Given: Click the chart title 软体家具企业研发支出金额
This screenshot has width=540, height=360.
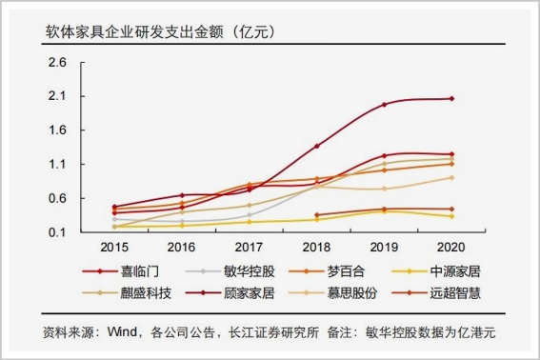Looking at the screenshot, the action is pos(134,32).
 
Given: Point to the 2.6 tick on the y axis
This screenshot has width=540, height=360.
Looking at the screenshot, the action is pos(57,62).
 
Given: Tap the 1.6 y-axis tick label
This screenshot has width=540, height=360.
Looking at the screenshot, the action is pos(57,130).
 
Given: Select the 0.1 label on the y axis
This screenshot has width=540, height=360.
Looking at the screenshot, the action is pos(57,232).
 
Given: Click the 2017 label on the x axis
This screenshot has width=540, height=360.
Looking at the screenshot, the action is pos(249,247).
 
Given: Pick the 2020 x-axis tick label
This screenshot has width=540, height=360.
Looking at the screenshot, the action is pos(450,247).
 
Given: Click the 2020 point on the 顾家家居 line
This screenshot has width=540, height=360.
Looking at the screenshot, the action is pos(451,99).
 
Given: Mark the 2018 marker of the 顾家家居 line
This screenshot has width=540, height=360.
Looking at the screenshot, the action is pos(317,146).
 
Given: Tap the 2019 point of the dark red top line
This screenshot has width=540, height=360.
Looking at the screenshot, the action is pos(385,105).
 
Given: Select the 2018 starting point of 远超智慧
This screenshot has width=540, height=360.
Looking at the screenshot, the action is pos(317,215).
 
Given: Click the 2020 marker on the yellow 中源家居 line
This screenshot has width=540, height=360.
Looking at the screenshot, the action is pos(451,216).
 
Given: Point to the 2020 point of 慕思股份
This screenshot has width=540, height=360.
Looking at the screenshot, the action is pos(451,178).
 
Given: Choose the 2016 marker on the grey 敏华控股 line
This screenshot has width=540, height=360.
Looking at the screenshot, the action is pos(182,221).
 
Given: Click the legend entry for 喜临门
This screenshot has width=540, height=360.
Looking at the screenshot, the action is pos(121,271).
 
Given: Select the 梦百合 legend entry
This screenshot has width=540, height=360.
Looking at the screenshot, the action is pos(327,271).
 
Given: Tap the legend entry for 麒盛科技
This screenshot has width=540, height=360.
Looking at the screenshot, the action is pos(127,293).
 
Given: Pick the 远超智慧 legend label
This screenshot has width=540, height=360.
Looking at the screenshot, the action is pos(455,293).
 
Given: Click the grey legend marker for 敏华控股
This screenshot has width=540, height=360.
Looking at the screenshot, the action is pos(203,271).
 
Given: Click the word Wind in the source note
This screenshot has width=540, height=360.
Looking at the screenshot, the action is pos(122,331).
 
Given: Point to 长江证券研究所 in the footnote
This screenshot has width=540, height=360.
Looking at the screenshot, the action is pos(274,332).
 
